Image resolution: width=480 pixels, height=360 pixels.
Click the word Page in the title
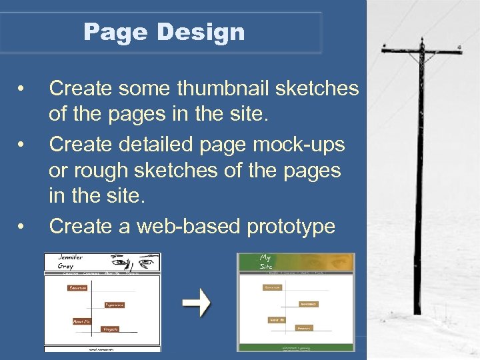click(108, 32)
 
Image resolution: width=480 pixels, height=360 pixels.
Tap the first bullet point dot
click(23, 89)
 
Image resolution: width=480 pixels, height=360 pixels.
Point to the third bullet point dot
click(23, 227)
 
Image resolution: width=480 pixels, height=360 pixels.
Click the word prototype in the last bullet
click(291, 227)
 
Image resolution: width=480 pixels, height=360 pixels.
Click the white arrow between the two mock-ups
click(197, 303)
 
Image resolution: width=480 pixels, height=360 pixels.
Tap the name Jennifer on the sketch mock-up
click(71, 257)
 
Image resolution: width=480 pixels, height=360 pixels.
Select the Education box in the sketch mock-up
click(77, 288)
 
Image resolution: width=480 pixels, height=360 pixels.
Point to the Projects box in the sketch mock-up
click(110, 329)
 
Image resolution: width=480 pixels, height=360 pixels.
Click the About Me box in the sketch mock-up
click(81, 321)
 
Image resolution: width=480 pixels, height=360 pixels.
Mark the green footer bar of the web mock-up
click(297, 347)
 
